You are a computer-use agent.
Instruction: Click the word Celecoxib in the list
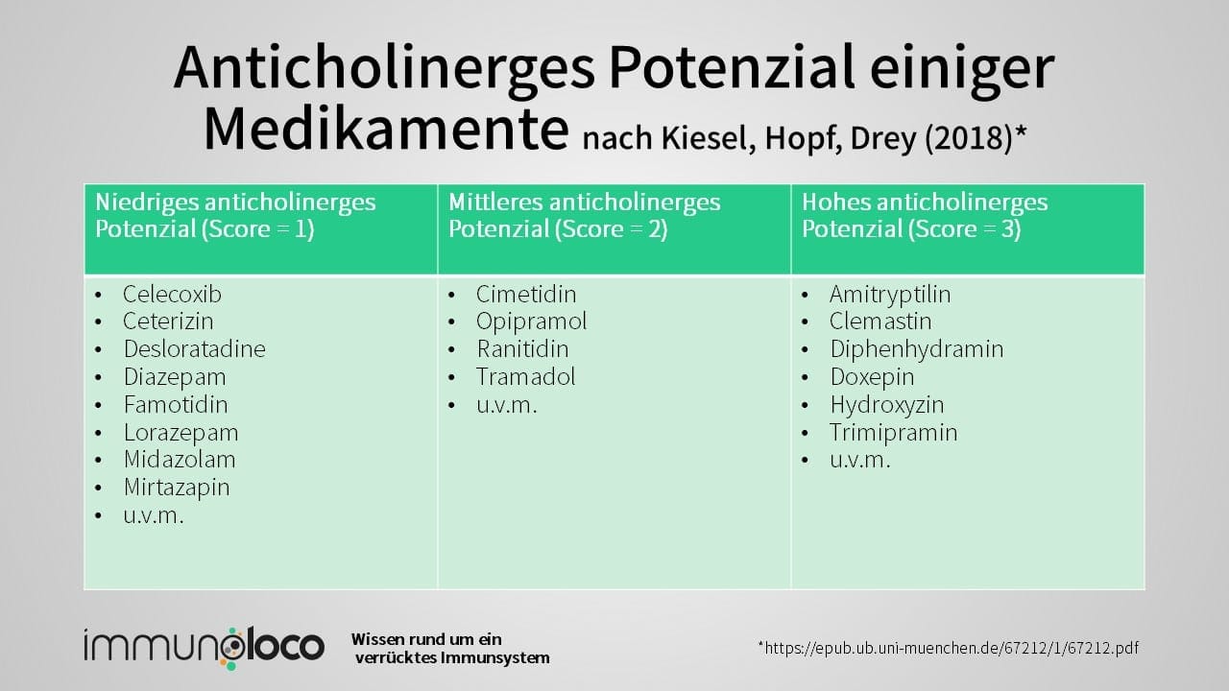(x=172, y=294)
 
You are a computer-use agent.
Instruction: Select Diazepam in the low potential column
(x=174, y=377)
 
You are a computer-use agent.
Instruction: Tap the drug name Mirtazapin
(x=176, y=488)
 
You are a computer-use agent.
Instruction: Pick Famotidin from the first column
(x=175, y=404)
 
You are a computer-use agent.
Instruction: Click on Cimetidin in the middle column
(x=525, y=294)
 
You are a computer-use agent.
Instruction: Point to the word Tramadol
(x=525, y=377)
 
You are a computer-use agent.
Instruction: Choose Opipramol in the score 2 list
(x=530, y=322)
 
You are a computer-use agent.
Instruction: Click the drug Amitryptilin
(x=889, y=294)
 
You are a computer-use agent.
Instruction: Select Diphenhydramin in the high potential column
(x=916, y=349)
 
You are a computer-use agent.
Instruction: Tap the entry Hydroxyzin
(x=886, y=404)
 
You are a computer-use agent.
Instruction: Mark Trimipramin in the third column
(x=893, y=432)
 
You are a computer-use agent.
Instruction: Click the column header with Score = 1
(x=235, y=216)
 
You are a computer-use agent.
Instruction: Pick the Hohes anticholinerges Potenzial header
(x=925, y=216)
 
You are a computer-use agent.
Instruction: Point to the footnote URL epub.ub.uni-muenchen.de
(x=949, y=648)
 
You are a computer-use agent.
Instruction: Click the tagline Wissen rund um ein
(x=426, y=639)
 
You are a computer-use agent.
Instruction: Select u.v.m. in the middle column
(x=506, y=405)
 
